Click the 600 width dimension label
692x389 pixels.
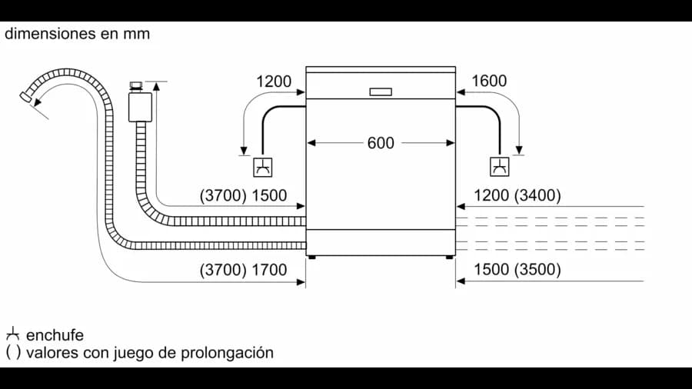381,143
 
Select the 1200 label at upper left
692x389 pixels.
274,81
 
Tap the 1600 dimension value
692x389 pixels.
489,81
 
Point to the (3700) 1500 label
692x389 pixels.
243,195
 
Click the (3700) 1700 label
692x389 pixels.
243,270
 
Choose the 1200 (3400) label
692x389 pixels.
517,195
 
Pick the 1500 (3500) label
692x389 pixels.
517,269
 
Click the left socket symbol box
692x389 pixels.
263,168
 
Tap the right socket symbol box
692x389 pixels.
500,167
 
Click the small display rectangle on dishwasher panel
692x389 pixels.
381,91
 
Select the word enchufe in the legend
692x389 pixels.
55,335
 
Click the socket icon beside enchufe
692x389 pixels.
13,334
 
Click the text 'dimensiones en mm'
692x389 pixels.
77,34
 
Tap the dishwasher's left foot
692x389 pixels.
311,257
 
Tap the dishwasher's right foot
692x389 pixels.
449,257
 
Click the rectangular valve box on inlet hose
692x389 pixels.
141,107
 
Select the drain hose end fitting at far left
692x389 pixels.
26,97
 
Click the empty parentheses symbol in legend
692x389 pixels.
13,352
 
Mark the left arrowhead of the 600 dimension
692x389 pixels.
311,143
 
